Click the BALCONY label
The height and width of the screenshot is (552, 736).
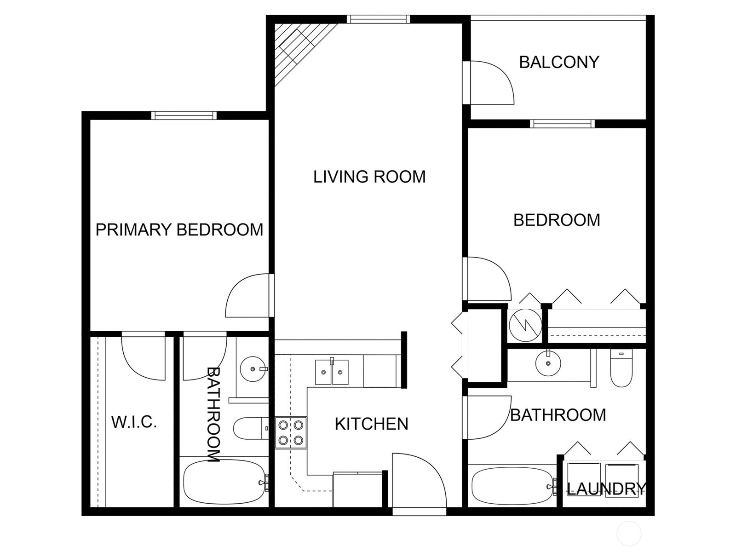(x=559, y=62)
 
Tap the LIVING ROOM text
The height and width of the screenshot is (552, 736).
(x=369, y=177)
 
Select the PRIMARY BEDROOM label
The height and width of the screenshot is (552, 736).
(x=179, y=230)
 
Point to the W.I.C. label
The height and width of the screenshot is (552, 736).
(x=134, y=422)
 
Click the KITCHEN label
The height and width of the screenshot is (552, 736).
(x=371, y=424)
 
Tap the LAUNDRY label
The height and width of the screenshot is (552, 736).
(x=606, y=489)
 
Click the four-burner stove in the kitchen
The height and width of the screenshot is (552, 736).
(x=291, y=432)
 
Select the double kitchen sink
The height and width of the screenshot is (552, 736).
(x=332, y=372)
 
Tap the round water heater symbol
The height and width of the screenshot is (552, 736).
(x=525, y=325)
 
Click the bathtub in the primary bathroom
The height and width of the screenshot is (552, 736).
(x=224, y=482)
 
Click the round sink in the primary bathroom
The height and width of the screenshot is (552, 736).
(x=253, y=368)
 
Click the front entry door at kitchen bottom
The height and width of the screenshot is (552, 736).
(x=419, y=481)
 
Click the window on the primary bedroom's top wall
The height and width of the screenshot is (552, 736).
(x=184, y=115)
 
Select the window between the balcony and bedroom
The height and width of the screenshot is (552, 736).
(x=562, y=124)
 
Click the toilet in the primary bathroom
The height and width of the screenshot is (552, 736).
(x=250, y=428)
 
